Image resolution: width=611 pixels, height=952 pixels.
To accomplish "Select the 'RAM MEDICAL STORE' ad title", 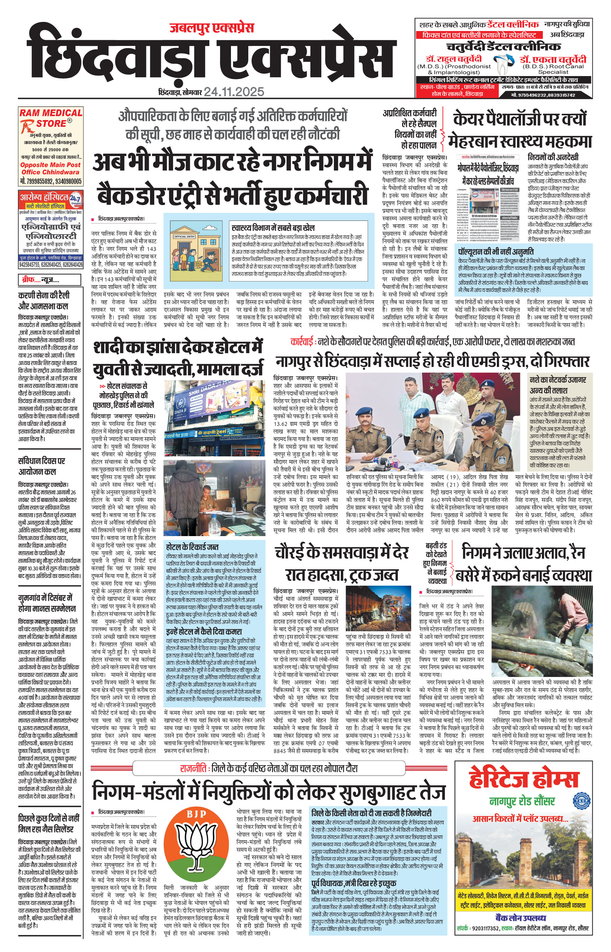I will [51, 118].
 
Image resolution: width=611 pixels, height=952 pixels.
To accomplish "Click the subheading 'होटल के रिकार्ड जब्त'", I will [192, 547].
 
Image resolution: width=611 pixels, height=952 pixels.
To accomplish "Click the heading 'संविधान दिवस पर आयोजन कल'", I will [42, 466].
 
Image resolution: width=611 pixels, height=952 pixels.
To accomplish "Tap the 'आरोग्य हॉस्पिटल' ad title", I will [44, 197].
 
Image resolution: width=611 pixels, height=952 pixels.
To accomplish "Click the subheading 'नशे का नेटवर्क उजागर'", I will [558, 380].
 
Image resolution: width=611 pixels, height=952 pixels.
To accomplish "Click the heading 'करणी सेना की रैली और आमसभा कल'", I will [44, 300].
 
